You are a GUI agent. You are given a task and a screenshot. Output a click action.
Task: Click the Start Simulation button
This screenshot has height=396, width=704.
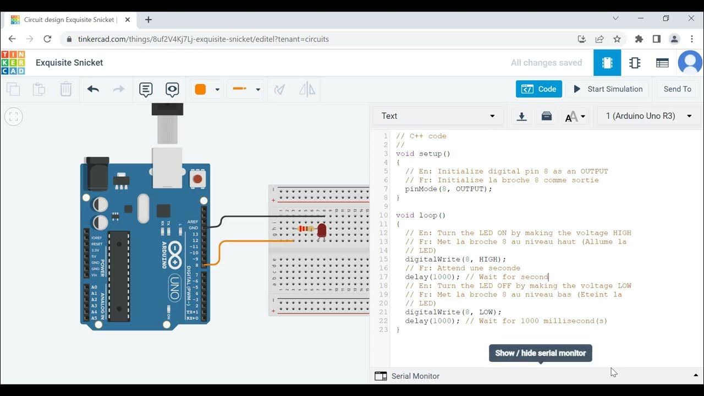pos(608,89)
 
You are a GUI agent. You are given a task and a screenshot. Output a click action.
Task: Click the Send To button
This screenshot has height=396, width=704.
pos(677,89)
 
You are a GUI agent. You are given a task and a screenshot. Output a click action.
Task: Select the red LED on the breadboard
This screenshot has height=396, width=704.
pos(322,230)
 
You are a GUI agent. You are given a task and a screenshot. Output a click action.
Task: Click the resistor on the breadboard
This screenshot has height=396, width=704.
pos(304,229)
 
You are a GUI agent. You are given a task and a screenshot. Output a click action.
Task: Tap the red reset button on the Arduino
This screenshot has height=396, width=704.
pos(197,179)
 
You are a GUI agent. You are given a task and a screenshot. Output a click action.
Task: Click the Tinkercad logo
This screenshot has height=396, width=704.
pos(13,63)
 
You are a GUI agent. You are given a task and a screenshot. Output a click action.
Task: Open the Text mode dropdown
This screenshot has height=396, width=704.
pos(438,116)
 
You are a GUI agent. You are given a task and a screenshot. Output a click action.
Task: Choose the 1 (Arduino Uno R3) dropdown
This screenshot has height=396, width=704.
pos(648,116)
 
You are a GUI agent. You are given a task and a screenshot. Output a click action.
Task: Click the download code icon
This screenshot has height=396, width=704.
pos(521,116)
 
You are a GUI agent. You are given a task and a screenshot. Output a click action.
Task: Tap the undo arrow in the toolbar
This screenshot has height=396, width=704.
pos(93,89)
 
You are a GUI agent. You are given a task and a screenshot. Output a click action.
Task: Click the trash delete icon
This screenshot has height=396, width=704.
pos(65,89)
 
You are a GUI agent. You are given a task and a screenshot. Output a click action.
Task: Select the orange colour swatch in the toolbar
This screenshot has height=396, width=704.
pos(200,89)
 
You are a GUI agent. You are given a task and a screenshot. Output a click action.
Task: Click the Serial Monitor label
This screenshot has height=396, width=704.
pos(415,376)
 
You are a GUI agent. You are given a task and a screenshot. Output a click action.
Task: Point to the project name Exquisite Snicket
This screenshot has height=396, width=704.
pos(69,63)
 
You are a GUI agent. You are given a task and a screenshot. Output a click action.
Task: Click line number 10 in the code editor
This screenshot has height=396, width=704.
pos(383,215)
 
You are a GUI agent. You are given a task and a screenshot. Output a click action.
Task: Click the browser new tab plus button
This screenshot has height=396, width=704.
pos(148,20)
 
